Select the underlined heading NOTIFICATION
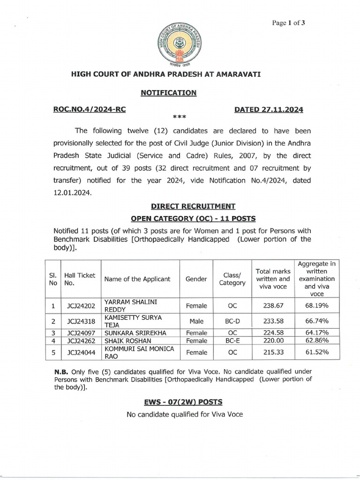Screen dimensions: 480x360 pyautogui.click(x=169, y=93)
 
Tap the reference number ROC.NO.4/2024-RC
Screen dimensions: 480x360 pyautogui.click(x=90, y=110)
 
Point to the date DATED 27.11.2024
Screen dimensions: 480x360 pyautogui.click(x=269, y=110)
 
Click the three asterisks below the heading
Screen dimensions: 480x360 pyautogui.click(x=180, y=116)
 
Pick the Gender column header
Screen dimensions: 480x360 pyautogui.click(x=196, y=279)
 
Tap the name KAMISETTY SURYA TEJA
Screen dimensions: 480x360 pyautogui.click(x=133, y=321)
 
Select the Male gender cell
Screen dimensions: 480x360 pyautogui.click(x=196, y=321)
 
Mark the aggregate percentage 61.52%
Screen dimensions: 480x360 pyautogui.click(x=315, y=352)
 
